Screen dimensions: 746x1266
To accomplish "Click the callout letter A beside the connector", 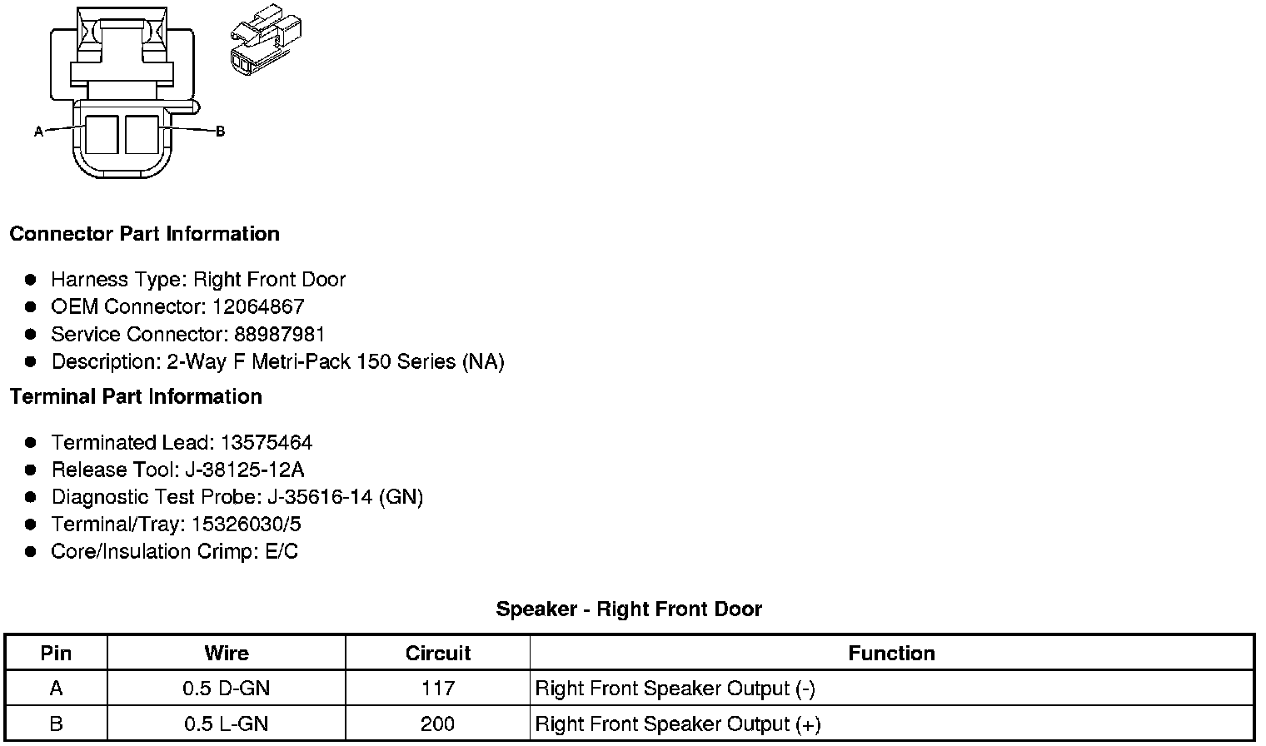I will [x=38, y=132].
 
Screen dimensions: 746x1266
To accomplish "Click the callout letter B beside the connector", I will [x=220, y=132].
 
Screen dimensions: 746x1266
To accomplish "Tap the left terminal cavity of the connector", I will [x=102, y=134].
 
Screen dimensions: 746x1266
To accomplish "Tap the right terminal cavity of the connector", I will [x=142, y=134].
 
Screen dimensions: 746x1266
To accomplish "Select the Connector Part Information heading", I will [x=144, y=234].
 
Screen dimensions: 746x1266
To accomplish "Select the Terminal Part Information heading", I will [x=136, y=397].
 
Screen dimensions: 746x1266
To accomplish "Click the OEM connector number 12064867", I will [x=258, y=306].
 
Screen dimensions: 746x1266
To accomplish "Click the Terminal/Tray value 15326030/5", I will [x=246, y=525].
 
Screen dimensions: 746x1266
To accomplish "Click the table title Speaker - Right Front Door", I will [x=629, y=609].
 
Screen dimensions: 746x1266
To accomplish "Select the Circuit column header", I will [x=438, y=654].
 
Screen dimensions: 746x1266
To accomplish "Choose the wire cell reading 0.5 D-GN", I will [x=227, y=689].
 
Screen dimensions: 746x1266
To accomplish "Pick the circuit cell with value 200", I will [x=438, y=724].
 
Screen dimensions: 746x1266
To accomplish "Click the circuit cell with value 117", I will [x=438, y=689].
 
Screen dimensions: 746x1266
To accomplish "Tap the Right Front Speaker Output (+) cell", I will [x=678, y=724].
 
